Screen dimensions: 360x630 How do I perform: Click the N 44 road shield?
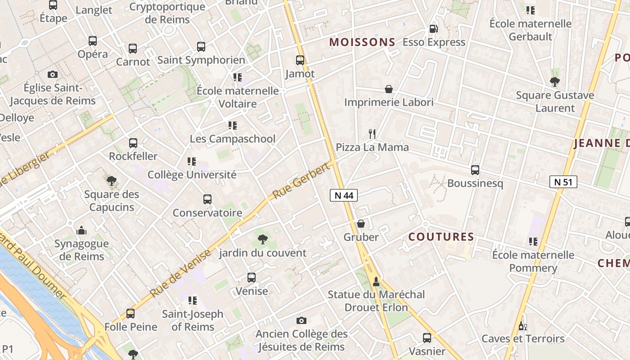[344, 195]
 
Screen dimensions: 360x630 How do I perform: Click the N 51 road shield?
[563, 182]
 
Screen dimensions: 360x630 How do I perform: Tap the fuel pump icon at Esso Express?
[433, 29]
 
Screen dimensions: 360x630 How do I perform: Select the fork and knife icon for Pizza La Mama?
[372, 134]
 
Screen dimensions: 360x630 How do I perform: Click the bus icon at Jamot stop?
[300, 60]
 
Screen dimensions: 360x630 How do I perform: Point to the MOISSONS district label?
[362, 42]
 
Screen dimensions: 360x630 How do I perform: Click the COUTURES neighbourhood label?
[441, 237]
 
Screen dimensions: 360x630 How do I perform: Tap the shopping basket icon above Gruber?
[360, 224]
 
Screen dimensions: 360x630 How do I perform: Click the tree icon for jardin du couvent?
[262, 239]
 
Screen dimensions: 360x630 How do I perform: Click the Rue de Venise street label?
[180, 273]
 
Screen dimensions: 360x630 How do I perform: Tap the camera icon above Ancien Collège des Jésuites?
[301, 320]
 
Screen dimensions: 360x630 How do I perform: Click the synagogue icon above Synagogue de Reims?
[81, 230]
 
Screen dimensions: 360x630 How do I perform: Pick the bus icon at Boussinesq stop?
[475, 170]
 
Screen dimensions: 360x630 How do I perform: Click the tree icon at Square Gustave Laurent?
[554, 82]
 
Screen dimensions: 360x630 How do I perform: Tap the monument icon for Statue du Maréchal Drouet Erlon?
[376, 282]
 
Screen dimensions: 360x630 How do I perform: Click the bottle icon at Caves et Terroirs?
[522, 325]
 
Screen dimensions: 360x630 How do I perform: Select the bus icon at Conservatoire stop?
[207, 199]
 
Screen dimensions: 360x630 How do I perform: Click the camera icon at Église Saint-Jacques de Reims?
[53, 74]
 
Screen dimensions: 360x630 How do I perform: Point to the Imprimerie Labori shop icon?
[389, 89]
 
